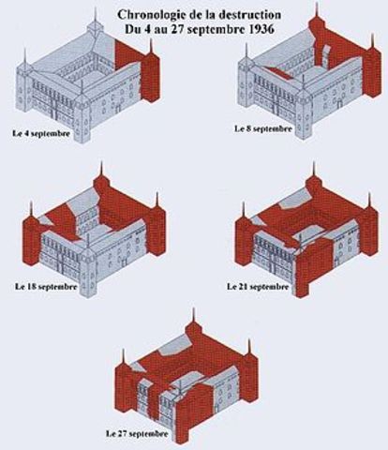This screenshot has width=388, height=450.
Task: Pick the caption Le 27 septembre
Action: tap(139, 435)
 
